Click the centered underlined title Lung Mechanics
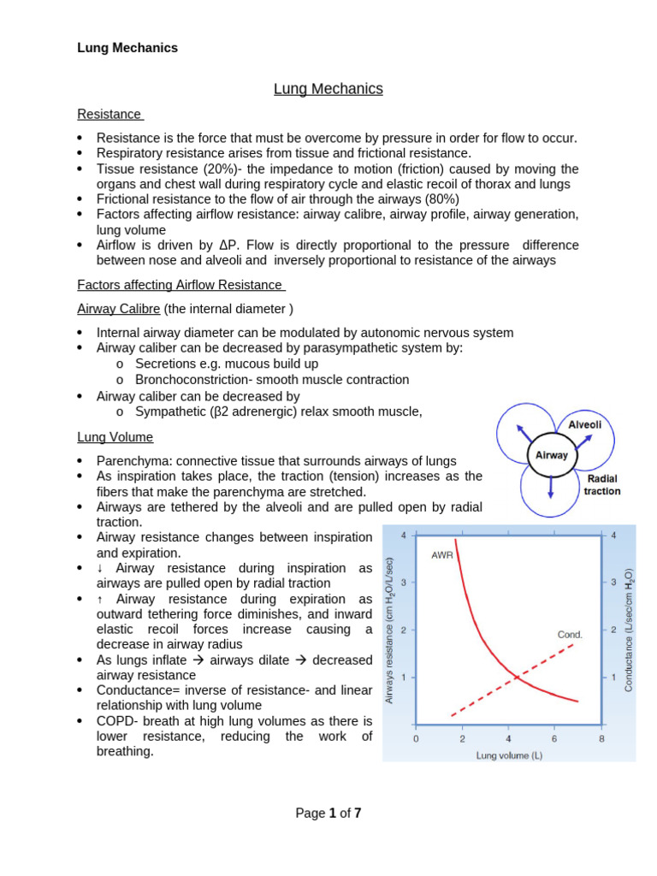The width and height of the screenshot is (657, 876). (328, 89)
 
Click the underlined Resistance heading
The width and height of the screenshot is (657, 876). (109, 114)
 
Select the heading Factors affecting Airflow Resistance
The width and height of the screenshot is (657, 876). (180, 285)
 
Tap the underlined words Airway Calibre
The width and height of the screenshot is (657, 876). (117, 309)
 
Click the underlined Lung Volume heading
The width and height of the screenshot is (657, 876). (115, 437)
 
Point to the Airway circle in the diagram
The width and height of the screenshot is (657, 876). (551, 455)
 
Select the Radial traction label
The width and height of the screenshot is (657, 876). (602, 485)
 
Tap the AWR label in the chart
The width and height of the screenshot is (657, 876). (442, 554)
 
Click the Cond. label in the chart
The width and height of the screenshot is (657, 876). (570, 635)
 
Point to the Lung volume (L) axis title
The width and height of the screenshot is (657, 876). (509, 755)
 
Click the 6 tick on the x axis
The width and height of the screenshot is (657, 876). (554, 738)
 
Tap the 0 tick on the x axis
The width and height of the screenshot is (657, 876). (416, 738)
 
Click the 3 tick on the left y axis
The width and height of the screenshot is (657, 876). (403, 583)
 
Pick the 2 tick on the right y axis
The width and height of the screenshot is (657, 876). (613, 630)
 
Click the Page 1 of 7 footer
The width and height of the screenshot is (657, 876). (328, 814)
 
